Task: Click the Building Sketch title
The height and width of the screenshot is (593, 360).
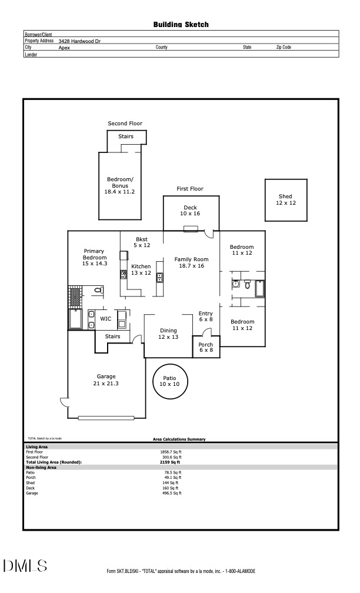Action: (x=181, y=25)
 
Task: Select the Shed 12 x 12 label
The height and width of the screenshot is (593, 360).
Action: (x=285, y=199)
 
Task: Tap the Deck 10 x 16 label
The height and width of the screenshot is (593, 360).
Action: (x=191, y=211)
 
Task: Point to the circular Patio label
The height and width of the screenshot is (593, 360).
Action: (x=170, y=381)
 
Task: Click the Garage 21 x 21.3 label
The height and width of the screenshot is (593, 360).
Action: (x=106, y=380)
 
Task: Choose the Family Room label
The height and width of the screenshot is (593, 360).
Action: (x=192, y=262)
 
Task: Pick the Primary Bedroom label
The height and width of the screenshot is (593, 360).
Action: (x=94, y=258)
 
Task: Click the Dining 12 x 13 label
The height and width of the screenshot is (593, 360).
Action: (x=168, y=334)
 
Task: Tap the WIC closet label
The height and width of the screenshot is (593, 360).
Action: (x=106, y=318)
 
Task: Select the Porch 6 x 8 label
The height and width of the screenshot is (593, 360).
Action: (x=206, y=347)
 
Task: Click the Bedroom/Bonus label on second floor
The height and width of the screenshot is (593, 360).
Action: (x=120, y=185)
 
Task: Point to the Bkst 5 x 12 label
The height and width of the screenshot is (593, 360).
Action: (x=142, y=242)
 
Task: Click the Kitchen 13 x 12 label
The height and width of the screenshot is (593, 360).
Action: (x=141, y=269)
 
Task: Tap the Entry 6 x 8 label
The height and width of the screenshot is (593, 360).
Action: (x=206, y=317)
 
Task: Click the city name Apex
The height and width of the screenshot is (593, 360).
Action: (x=64, y=48)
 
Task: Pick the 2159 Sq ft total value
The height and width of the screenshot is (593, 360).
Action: (x=172, y=462)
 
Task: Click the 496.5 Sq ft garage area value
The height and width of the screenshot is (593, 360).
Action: (x=172, y=493)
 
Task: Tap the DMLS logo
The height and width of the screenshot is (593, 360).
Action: (x=25, y=566)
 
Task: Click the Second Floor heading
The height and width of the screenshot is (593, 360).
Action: (x=125, y=124)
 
